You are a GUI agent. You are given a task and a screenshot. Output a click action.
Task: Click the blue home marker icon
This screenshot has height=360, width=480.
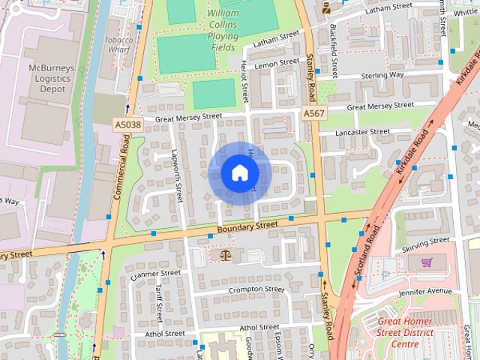pyautogui.click(x=239, y=172)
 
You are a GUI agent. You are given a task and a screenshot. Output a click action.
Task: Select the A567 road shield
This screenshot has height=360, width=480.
pyautogui.click(x=313, y=112)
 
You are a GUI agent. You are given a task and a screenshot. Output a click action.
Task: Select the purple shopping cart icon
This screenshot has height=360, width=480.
pyautogui.click(x=427, y=262)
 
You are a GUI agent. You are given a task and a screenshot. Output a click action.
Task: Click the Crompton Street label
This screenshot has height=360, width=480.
pyautogui.click(x=256, y=290)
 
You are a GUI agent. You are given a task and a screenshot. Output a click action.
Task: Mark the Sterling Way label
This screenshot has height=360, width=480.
pyautogui.click(x=382, y=75)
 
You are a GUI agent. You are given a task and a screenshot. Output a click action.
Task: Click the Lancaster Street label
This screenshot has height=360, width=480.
pyautogui.click(x=362, y=132)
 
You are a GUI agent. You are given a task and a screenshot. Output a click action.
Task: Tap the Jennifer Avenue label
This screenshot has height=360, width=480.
pyautogui.click(x=426, y=291)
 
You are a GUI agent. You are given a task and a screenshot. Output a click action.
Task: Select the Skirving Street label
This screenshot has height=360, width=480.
pyautogui.click(x=424, y=244)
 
